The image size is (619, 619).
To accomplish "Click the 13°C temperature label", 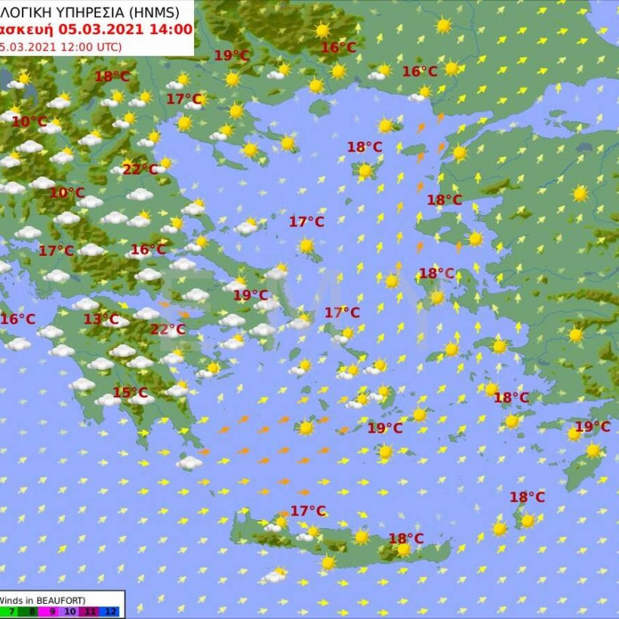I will (101, 319).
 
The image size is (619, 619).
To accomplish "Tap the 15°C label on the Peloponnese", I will (130, 393).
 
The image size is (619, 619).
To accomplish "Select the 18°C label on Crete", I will (406, 538).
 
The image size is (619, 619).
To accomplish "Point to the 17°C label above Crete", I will (308, 511).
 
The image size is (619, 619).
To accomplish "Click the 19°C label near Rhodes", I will (593, 427).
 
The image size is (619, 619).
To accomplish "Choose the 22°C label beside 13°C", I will (168, 329).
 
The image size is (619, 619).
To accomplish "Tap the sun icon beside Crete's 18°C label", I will (404, 551).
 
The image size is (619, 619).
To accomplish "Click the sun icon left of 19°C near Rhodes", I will (574, 433).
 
